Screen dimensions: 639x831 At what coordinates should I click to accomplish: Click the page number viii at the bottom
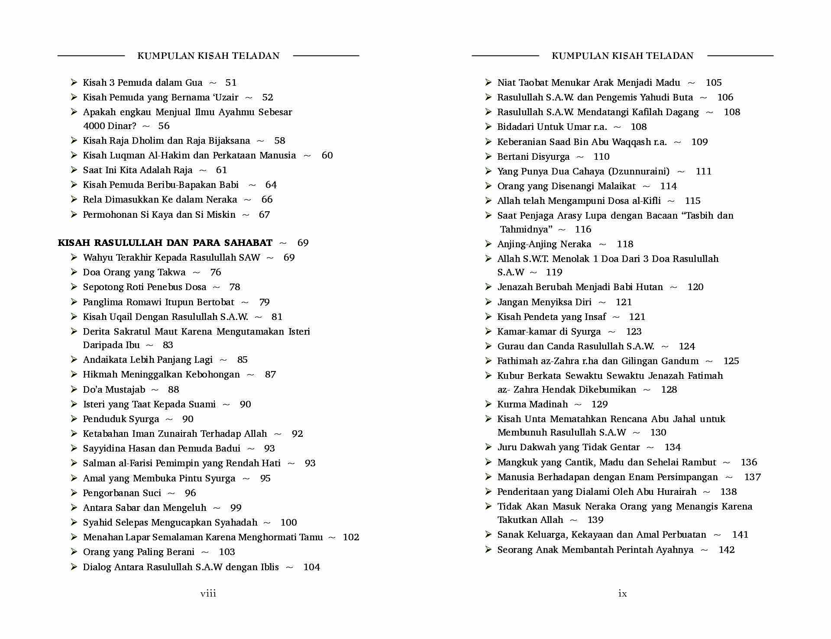click(x=208, y=594)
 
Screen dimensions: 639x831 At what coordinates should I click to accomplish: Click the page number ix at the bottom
click(x=622, y=594)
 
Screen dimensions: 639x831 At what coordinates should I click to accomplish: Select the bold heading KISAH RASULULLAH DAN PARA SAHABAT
click(x=165, y=243)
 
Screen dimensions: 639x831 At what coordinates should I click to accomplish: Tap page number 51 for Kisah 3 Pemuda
click(x=231, y=83)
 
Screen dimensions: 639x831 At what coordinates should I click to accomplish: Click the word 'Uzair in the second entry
click(x=225, y=97)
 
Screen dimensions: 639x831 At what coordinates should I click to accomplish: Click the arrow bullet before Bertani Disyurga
click(x=488, y=156)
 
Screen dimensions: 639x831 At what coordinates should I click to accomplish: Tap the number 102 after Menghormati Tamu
click(x=351, y=537)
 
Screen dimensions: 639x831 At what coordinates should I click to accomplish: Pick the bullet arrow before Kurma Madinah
click(x=488, y=404)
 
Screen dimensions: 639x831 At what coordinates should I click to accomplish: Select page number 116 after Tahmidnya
click(x=583, y=229)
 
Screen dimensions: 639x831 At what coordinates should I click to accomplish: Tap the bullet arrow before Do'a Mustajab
click(x=74, y=389)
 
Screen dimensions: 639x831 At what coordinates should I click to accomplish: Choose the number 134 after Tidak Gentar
click(x=673, y=447)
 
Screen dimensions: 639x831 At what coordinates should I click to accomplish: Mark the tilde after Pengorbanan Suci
click(x=171, y=493)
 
